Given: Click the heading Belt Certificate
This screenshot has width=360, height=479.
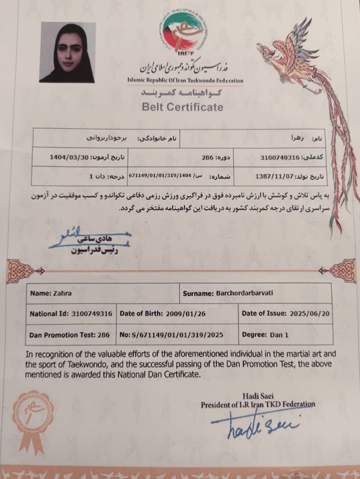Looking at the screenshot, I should tap(182, 107).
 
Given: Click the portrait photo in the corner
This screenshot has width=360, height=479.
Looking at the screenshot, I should tap(67, 52).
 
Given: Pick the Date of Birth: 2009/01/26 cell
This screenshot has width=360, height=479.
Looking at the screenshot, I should tap(177, 313).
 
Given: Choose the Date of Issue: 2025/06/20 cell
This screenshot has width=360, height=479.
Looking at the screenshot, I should tap(285, 313).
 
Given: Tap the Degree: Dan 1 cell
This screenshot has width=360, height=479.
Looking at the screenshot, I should tap(285, 335).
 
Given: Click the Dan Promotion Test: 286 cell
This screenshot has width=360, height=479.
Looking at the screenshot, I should tap(70, 335).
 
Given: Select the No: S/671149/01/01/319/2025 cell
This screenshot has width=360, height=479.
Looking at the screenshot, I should tap(177, 335).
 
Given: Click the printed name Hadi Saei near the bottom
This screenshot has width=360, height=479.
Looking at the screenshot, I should tap(258, 396).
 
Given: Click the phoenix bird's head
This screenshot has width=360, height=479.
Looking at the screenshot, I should tap(273, 48).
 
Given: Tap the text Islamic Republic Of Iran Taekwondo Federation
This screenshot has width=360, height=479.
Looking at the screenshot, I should tap(185, 81).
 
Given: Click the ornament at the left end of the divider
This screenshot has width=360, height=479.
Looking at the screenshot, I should tap(20, 271).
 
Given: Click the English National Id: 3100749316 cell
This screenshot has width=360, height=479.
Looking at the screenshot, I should tap(71, 313).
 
